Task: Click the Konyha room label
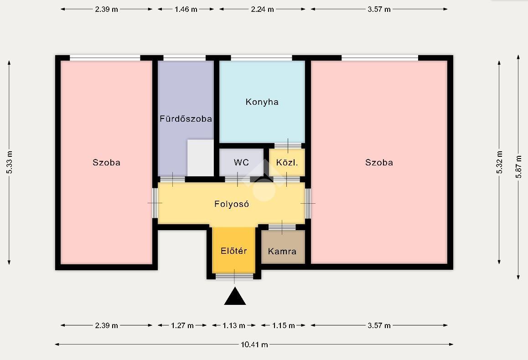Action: [x=262, y=102]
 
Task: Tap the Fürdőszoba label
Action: [x=186, y=118]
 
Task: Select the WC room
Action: [x=242, y=163]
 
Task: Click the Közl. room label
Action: [x=287, y=163]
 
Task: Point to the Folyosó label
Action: [x=232, y=204]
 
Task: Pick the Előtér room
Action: [x=234, y=250]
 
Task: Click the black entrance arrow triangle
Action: [x=235, y=296]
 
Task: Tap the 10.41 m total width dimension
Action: [x=254, y=345]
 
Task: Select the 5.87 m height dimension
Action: [x=519, y=167]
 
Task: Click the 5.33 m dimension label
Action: [x=10, y=163]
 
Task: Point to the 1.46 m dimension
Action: [x=186, y=10]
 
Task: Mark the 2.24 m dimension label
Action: [x=262, y=10]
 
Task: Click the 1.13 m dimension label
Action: [x=234, y=325]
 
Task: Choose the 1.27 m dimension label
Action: [x=182, y=325]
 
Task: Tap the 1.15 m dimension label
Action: [x=284, y=325]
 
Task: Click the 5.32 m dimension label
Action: [x=499, y=163]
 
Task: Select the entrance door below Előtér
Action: [x=234, y=277]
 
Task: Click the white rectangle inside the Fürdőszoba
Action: [x=200, y=158]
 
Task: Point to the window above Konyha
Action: [x=261, y=58]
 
